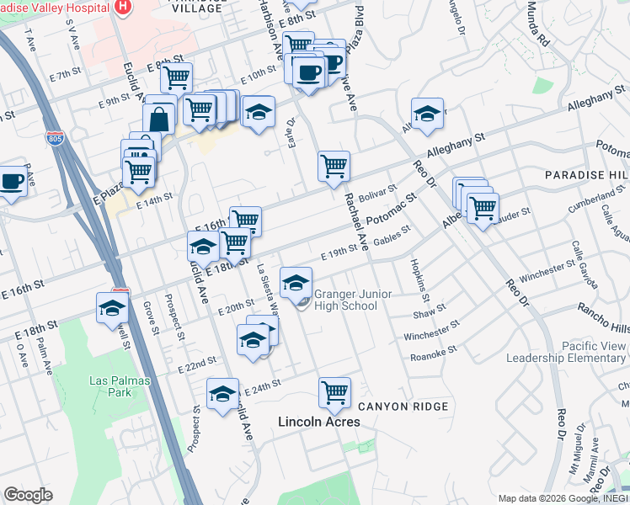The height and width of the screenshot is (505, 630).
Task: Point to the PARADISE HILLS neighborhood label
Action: [585, 174]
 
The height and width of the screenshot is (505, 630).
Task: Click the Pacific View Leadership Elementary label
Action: [565, 352]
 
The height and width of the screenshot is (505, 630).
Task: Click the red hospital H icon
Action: [124, 8]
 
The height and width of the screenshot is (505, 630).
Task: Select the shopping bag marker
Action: [159, 118]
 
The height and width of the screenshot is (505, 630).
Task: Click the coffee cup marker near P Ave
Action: [12, 180]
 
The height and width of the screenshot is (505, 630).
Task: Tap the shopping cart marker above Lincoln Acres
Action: [334, 392]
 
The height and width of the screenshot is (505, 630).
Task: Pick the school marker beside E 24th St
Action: [222, 394]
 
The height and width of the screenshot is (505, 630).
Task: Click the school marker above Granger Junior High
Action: [296, 283]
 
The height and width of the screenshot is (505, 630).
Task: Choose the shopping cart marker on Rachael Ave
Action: [334, 166]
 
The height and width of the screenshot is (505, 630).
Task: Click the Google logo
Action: [28, 495]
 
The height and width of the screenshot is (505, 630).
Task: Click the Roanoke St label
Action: [433, 353]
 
